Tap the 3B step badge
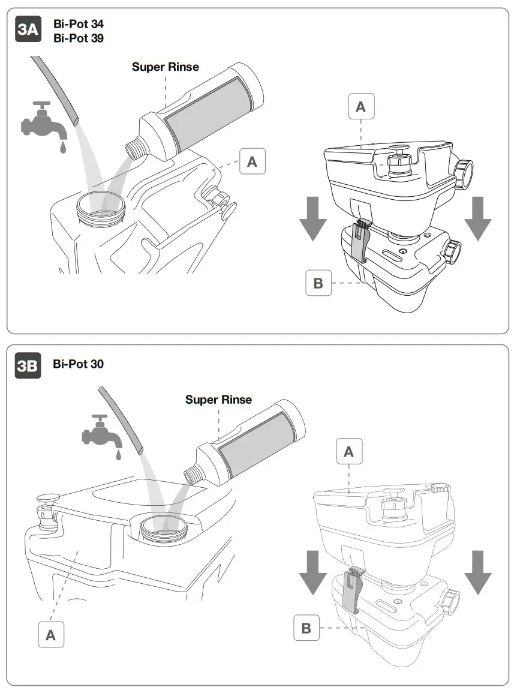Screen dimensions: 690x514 (x=28, y=367)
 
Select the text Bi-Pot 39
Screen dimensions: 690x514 (x=79, y=38)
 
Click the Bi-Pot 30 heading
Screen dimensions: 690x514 (x=78, y=364)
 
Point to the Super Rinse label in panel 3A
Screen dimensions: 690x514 (x=165, y=67)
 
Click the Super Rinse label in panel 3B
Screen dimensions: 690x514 (x=218, y=400)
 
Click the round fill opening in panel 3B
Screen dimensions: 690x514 (x=160, y=529)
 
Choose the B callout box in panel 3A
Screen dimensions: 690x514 (x=318, y=283)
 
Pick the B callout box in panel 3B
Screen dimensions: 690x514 (x=306, y=628)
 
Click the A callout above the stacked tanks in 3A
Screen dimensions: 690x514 (x=360, y=107)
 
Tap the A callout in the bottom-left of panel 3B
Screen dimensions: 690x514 (x=51, y=635)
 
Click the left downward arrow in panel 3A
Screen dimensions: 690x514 (x=312, y=218)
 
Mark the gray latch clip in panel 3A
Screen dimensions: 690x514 (x=360, y=241)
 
